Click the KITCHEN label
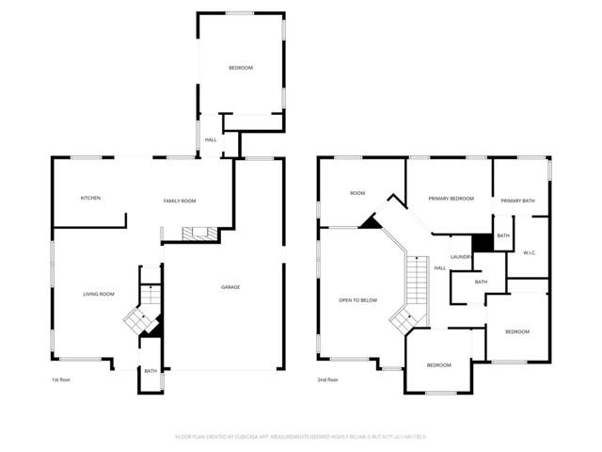90,198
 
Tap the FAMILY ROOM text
180,201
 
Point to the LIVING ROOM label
98,294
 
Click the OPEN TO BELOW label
357,300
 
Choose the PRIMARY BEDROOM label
451,199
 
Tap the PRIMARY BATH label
517,201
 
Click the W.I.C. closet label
530,251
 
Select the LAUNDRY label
461,256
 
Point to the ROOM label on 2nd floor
357,193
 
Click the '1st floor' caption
62,379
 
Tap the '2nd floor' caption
328,379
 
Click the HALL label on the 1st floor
211,139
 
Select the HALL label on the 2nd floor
439,268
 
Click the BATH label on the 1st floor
150,371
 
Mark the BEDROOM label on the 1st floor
241,68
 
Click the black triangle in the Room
371,221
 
